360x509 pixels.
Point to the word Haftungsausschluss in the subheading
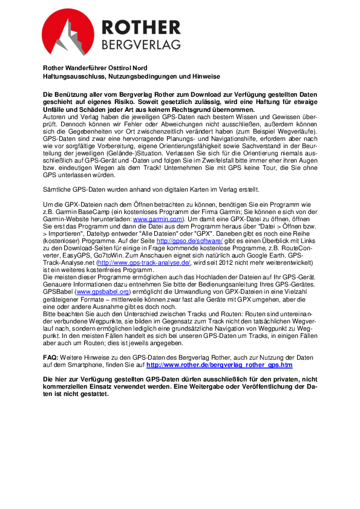[x=73, y=77]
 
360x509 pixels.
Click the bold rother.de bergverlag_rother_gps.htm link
[x=220, y=365]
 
